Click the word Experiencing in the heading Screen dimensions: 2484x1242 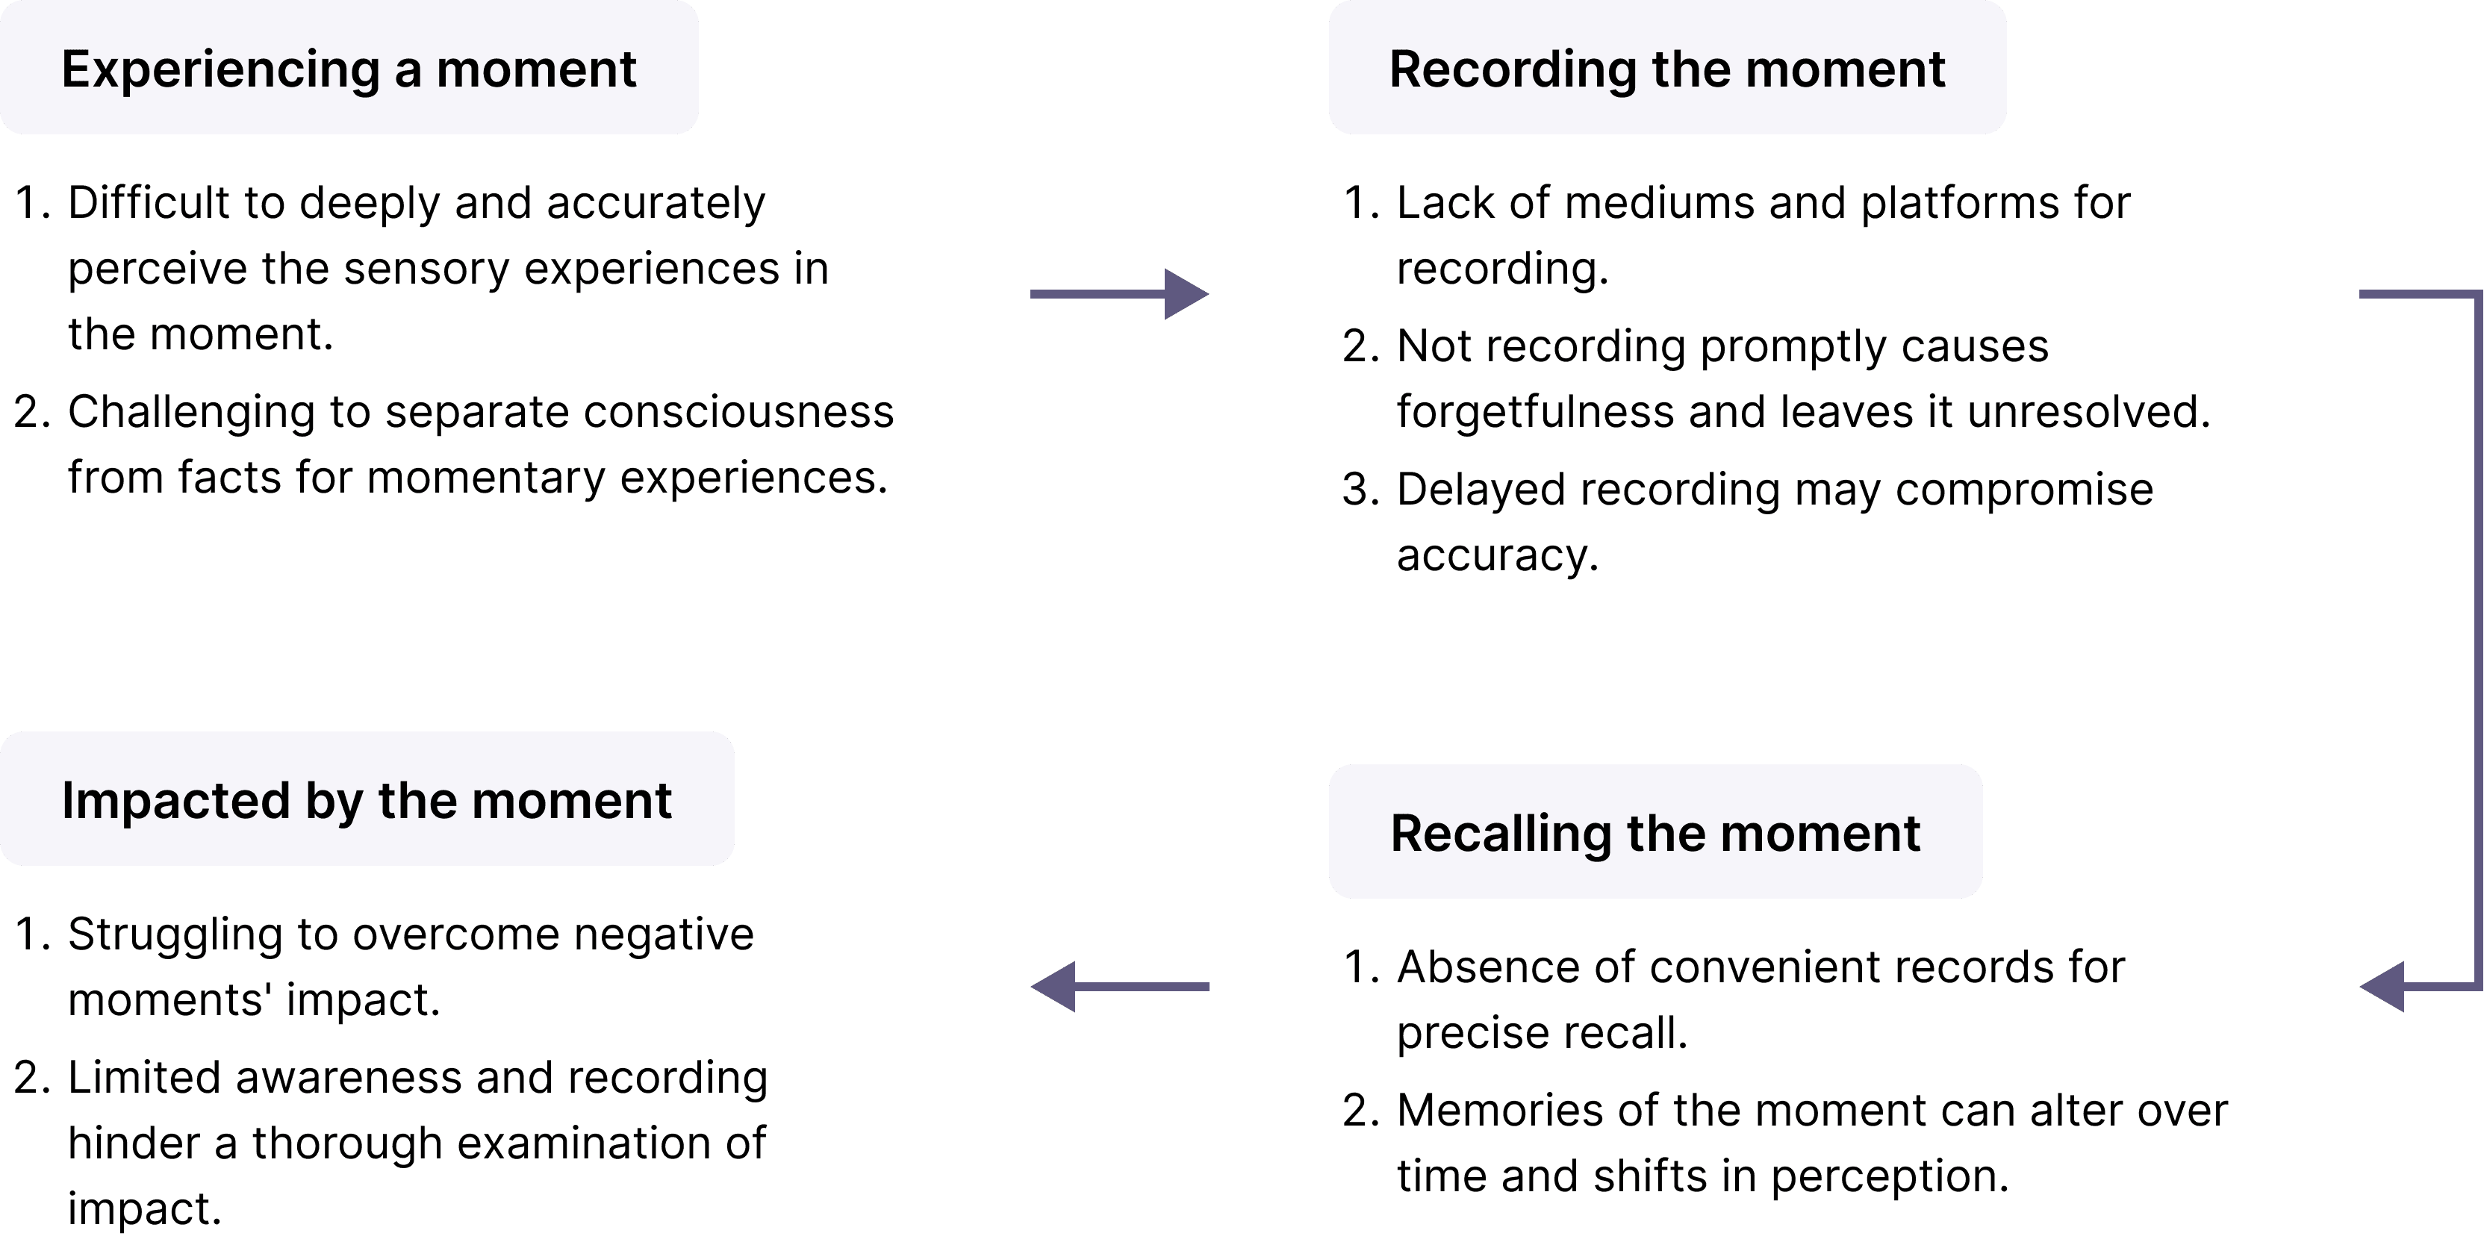tap(221, 70)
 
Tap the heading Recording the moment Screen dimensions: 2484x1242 tap(1667, 69)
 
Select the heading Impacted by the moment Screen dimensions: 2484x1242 tap(367, 800)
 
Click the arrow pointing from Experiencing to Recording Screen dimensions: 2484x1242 tap(1119, 293)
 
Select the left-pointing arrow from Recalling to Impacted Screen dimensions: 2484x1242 tap(1119, 987)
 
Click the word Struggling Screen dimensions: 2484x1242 tap(175, 935)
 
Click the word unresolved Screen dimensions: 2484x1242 tap(2088, 412)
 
